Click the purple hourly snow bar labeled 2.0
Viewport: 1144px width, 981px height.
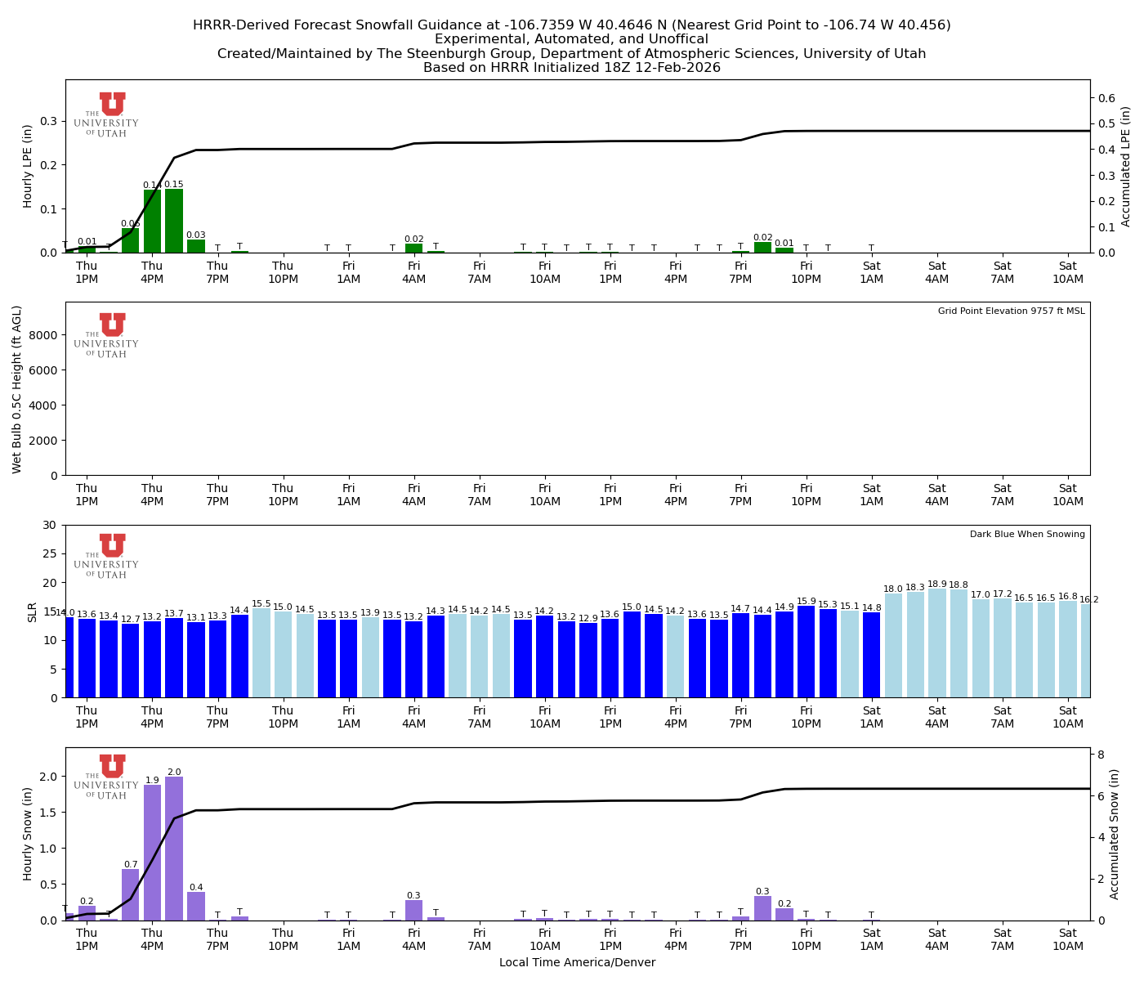[174, 849]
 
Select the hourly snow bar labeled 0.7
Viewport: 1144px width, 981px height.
[130, 894]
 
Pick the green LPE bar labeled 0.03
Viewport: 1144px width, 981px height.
[196, 246]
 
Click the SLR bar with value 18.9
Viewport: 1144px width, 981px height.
[937, 643]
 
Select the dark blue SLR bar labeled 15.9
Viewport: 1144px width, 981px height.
[807, 652]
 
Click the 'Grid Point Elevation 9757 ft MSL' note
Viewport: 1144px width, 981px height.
[1011, 311]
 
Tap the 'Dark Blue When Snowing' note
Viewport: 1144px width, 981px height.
[1027, 535]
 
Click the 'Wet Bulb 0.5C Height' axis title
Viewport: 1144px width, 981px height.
[17, 389]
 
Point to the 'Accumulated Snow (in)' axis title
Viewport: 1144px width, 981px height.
[1115, 834]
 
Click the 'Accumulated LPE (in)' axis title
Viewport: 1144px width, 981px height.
[1126, 167]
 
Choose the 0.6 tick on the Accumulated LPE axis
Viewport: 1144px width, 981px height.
[1107, 98]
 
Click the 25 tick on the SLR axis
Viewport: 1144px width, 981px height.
[50, 553]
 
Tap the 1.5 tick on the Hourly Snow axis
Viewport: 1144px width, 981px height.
[48, 813]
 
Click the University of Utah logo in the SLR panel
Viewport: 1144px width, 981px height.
[107, 557]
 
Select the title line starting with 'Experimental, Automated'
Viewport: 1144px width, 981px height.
[571, 39]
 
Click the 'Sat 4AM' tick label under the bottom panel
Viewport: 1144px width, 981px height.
[937, 939]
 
